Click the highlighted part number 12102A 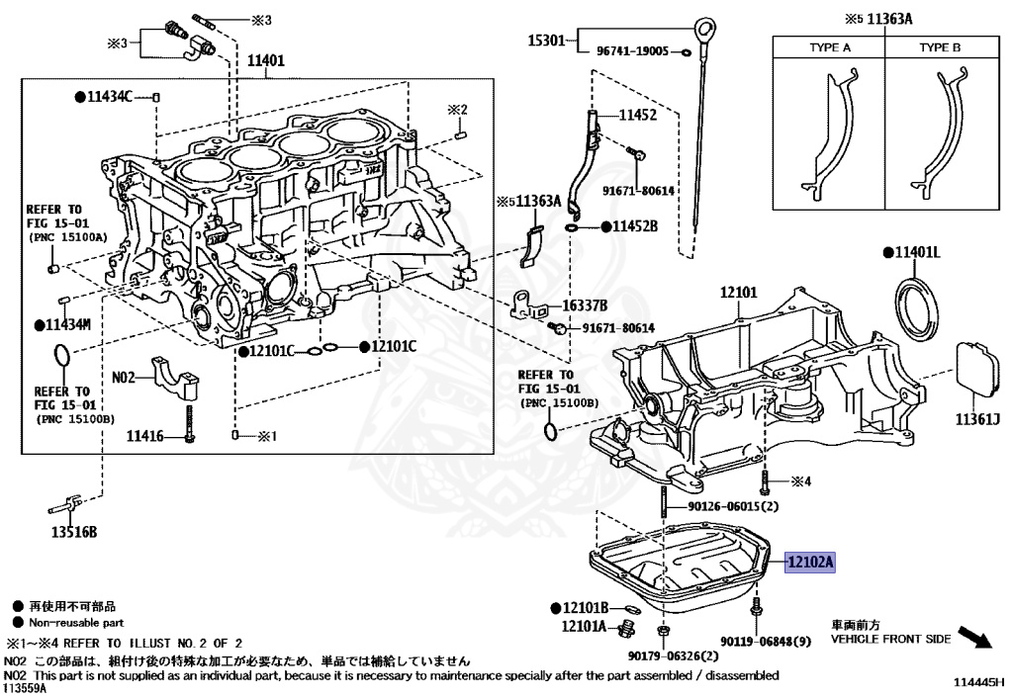(810, 562)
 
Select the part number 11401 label (265, 61)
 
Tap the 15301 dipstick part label (546, 42)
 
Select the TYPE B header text (939, 46)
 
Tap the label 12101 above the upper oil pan (738, 293)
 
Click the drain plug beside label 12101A (624, 630)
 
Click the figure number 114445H (978, 682)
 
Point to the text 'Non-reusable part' (76, 623)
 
